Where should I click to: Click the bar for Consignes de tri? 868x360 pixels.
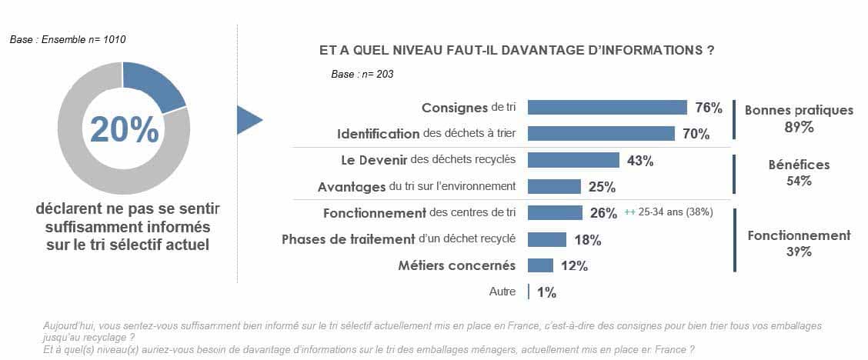pos(607,108)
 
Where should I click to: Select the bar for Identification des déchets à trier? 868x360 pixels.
pos(601,134)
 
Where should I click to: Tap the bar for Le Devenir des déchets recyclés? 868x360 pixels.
pos(573,160)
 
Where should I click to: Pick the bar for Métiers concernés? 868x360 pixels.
pos(540,265)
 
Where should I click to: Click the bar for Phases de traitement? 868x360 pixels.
pos(546,239)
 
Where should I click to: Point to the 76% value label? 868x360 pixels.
pos(708,108)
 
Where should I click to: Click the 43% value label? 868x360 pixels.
pos(639,161)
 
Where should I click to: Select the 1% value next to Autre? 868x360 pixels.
pos(546,292)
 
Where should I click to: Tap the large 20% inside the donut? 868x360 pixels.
pos(124,128)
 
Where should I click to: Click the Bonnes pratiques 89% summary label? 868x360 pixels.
pos(799,118)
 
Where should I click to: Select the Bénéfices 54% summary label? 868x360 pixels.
pos(799,173)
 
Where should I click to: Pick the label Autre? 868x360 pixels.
pos(502,292)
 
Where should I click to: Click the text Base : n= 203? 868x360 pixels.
pos(362,75)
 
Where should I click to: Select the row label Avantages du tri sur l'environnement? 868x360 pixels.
pos(416,186)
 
